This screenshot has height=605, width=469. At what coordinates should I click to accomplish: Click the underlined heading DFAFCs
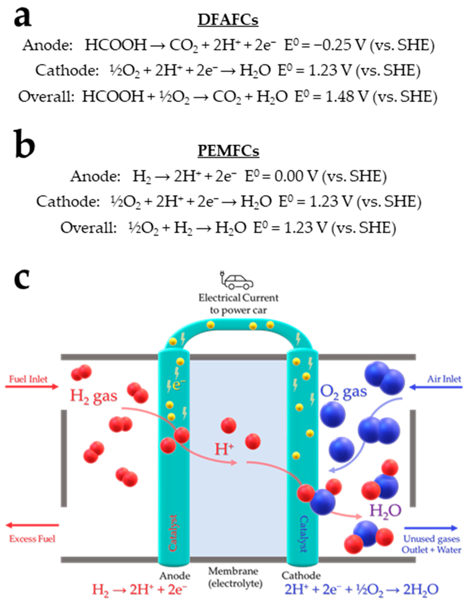tap(228, 20)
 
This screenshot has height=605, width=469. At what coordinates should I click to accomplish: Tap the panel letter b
tap(24, 145)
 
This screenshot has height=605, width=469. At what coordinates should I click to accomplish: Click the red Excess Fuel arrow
tap(32, 525)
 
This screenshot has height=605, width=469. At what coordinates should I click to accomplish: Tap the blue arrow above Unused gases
tap(431, 528)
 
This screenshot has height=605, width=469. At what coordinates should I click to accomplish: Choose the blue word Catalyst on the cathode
tap(304, 533)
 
